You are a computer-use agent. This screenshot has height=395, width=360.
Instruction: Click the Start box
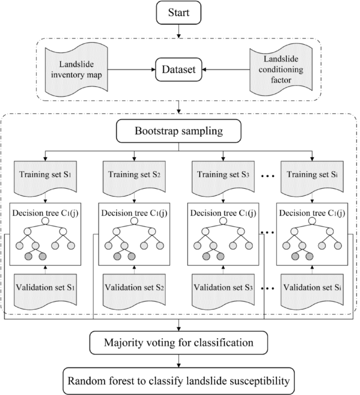click(x=180, y=12)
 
